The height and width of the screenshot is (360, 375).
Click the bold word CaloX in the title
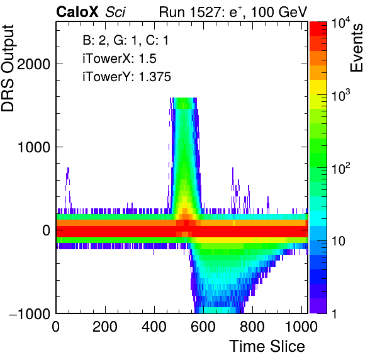[x=77, y=12]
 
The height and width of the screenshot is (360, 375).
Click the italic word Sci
[x=115, y=12]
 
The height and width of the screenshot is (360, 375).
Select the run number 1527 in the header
[x=206, y=12]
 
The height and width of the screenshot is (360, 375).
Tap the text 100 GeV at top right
[x=279, y=12]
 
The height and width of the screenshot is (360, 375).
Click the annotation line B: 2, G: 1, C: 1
[x=126, y=40]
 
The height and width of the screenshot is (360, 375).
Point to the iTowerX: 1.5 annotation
[x=120, y=59]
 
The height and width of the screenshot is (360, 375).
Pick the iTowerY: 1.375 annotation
[x=126, y=77]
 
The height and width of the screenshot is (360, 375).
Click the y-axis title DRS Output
[x=8, y=68]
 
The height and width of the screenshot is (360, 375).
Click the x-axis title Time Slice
[x=267, y=346]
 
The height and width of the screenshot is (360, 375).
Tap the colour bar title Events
[x=356, y=48]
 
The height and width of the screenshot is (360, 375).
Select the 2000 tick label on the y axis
[x=33, y=64]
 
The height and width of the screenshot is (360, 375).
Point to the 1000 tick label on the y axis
[x=33, y=147]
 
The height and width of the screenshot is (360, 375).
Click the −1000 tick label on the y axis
[x=30, y=313]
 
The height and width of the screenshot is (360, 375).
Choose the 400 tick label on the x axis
[x=154, y=326]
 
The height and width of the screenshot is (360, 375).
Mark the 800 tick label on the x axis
[x=252, y=326]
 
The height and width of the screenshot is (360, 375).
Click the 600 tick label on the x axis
[x=203, y=326]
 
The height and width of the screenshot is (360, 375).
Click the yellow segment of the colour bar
[x=318, y=87]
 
